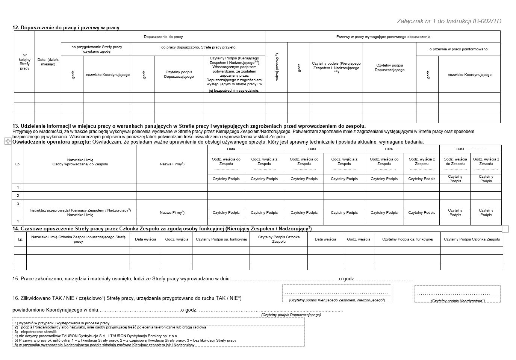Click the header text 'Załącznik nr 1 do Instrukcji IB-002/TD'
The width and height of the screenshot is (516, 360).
pos(449,21)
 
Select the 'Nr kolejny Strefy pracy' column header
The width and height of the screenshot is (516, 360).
pos(24,62)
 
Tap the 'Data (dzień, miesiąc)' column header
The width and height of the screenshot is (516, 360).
pos(48,62)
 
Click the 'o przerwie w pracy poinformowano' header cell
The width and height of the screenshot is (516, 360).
pos(458,49)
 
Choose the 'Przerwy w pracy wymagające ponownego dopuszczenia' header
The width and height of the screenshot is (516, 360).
pos(383,37)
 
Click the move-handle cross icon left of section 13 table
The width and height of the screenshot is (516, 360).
pos(8,141)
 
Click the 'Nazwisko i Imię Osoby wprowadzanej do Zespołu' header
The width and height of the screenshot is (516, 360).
pos(80,162)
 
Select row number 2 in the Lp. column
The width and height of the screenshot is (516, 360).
pos(18,196)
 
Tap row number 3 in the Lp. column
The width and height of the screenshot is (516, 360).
pos(18,204)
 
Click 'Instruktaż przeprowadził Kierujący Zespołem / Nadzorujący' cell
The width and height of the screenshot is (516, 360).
pos(80,213)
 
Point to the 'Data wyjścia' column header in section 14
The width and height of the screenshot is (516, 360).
pos(145,239)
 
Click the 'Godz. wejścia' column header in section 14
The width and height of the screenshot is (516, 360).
pos(358,239)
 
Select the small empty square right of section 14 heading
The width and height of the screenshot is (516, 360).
pos(505,229)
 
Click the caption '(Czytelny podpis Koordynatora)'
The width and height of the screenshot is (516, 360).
pos(457,301)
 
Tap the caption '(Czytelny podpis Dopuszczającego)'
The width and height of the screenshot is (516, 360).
pos(291,315)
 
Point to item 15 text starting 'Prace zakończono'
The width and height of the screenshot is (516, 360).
pos(120,279)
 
